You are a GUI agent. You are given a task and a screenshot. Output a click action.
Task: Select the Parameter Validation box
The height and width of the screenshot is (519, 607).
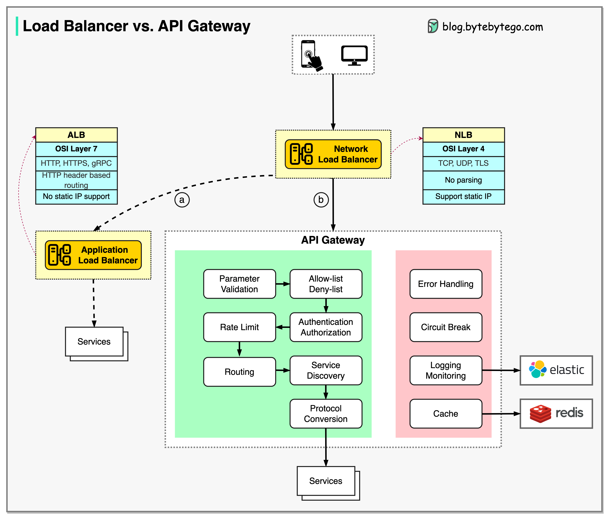click(239, 284)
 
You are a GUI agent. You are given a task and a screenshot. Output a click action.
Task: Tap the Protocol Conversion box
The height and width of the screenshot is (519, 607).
click(326, 413)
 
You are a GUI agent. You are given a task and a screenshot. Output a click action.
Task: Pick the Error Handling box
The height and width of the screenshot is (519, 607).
click(446, 284)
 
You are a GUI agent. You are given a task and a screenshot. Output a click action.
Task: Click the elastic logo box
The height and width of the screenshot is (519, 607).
click(556, 370)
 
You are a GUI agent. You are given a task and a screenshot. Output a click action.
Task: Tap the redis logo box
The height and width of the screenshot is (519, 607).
click(556, 413)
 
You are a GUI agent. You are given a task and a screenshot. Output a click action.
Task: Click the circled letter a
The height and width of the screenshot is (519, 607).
click(182, 200)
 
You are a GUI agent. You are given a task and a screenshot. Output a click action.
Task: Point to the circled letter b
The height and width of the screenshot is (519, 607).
click(321, 200)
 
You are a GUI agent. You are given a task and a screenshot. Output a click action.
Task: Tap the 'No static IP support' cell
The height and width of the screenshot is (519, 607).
click(76, 196)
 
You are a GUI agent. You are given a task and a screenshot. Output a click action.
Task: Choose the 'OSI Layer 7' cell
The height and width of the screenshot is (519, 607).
click(76, 149)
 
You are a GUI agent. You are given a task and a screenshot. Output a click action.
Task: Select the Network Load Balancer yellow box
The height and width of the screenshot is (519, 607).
click(333, 154)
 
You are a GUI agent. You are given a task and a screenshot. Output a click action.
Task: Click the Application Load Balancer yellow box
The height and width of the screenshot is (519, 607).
click(93, 255)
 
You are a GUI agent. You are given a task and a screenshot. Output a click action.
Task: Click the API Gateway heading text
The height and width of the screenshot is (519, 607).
click(333, 240)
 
